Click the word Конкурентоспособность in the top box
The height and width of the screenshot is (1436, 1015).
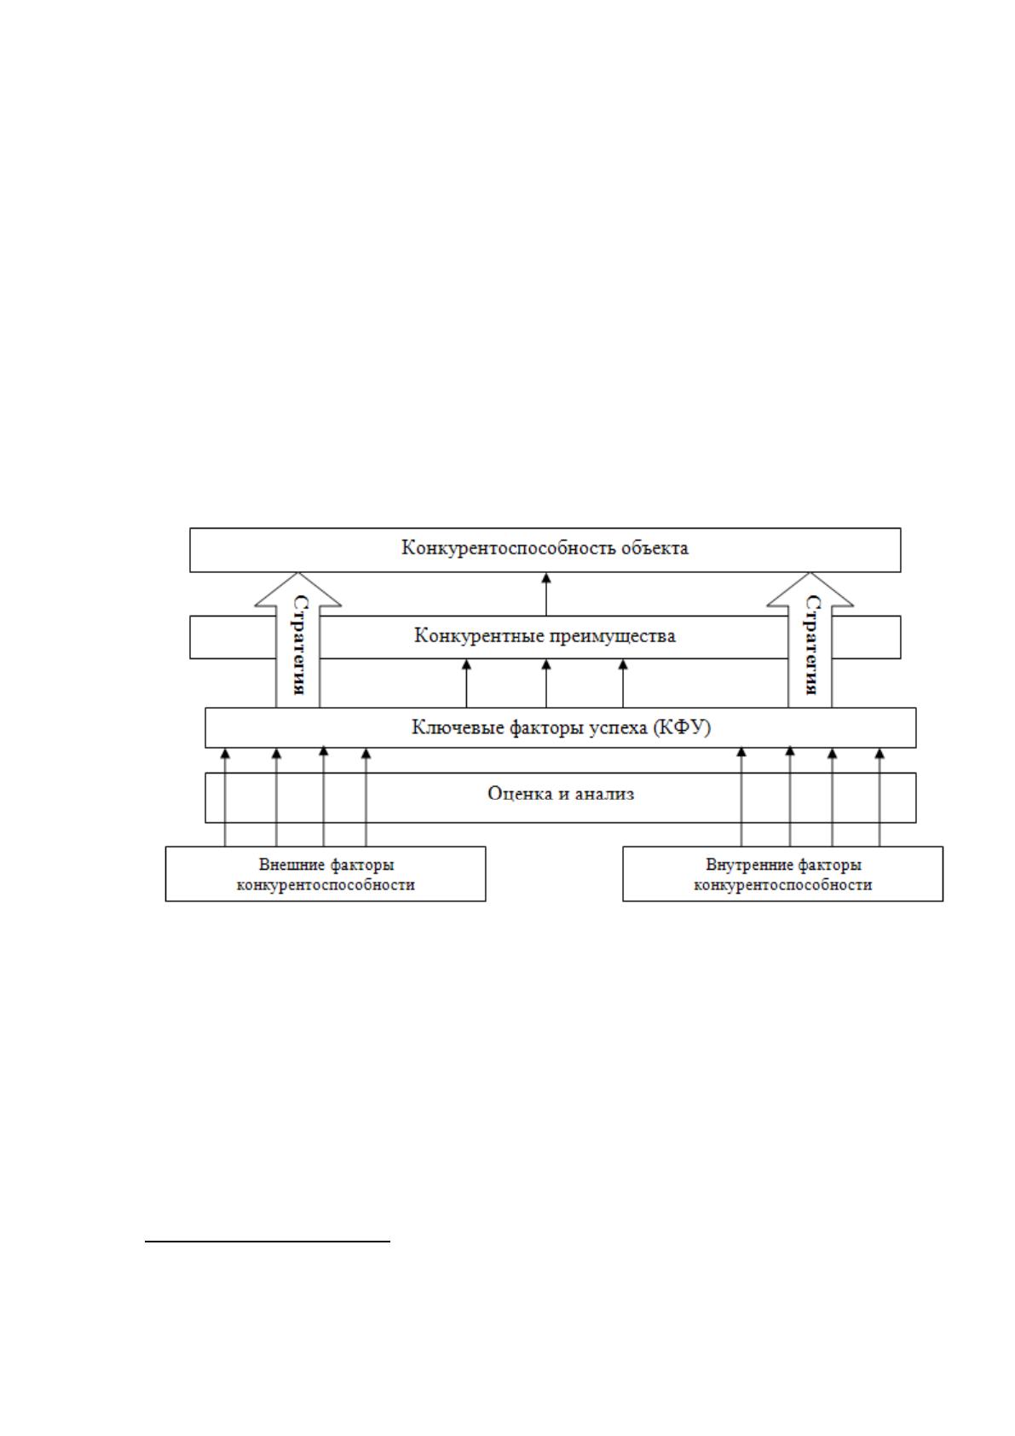pos(509,549)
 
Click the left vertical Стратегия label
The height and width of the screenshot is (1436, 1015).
pos(299,645)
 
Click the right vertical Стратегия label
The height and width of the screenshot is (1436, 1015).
pos(812,645)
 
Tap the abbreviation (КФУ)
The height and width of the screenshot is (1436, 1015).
pos(682,727)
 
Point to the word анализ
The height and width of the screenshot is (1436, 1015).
pos(604,794)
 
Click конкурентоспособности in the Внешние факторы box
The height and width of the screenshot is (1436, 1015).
pos(326,885)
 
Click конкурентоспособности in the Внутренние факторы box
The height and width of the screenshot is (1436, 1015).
pos(783,885)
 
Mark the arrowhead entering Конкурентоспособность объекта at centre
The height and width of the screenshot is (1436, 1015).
pos(546,577)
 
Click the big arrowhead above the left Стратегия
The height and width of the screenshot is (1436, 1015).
pos(298,589)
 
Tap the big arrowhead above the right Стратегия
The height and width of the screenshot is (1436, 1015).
pos(810,589)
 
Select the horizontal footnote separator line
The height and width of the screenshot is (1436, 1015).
pos(268,1242)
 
